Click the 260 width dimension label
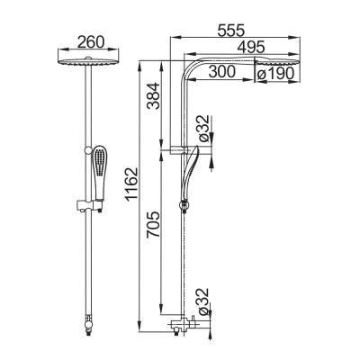[x=91, y=42]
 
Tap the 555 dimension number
[x=231, y=31]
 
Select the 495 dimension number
[x=250, y=47]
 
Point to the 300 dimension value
[x=222, y=72]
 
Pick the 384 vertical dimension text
[x=153, y=96]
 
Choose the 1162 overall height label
[x=131, y=184]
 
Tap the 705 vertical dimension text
[x=153, y=225]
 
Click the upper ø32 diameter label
[x=203, y=128]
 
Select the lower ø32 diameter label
[x=203, y=301]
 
